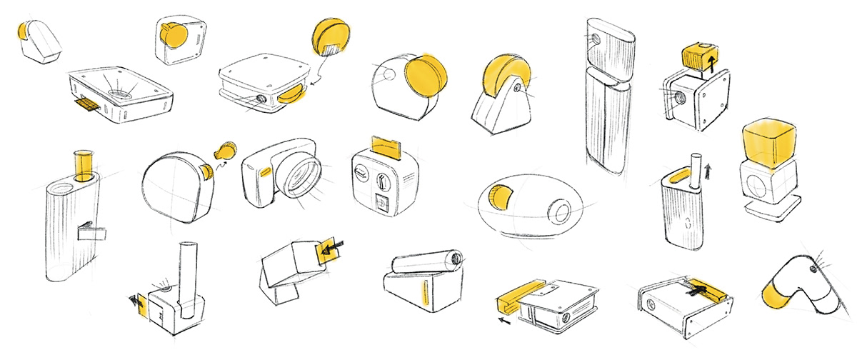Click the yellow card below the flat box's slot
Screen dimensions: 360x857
(88, 106)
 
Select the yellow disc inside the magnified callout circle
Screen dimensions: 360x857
(330, 36)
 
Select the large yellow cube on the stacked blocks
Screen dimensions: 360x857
(770, 141)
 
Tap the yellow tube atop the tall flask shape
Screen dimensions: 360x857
(84, 166)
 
